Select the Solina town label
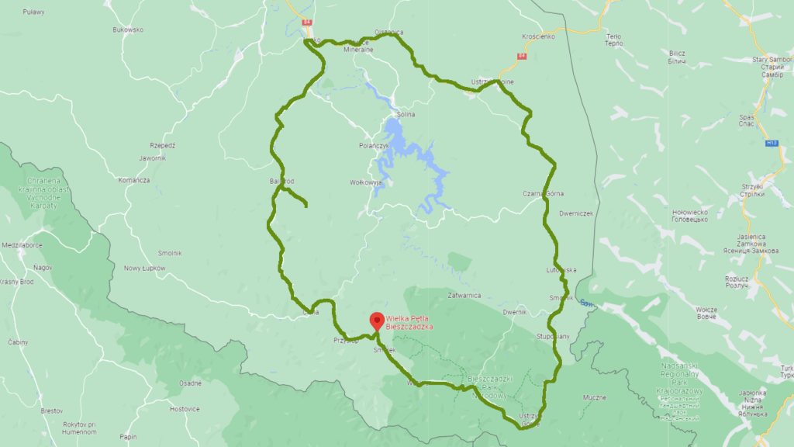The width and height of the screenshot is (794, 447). pyautogui.click(x=406, y=115)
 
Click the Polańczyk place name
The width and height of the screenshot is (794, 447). pyautogui.click(x=373, y=145)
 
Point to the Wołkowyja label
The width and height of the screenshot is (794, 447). pyautogui.click(x=366, y=183)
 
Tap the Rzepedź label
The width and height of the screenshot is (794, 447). pyautogui.click(x=163, y=145)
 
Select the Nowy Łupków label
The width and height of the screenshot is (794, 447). pyautogui.click(x=145, y=268)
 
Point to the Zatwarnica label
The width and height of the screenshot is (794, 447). pyautogui.click(x=464, y=295)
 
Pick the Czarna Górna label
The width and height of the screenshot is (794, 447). pyautogui.click(x=543, y=193)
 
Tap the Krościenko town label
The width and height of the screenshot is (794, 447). pyautogui.click(x=539, y=36)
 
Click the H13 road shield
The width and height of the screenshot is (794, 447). pyautogui.click(x=772, y=143)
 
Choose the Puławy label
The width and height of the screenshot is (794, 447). pyautogui.click(x=35, y=12)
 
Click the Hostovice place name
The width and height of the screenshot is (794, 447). pyautogui.click(x=185, y=408)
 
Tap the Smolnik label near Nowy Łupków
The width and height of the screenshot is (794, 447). pyautogui.click(x=169, y=253)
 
